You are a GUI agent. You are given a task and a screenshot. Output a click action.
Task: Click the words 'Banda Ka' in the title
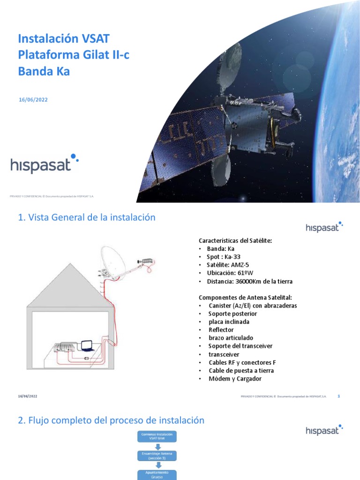44,72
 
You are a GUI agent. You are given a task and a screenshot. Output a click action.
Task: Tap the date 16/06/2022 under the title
33,99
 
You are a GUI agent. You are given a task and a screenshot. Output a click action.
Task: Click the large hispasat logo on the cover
45,164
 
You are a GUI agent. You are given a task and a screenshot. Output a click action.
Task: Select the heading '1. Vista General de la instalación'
86,217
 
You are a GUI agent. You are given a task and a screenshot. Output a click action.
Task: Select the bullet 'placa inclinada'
229,322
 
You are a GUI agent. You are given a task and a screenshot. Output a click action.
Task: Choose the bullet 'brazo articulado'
231,338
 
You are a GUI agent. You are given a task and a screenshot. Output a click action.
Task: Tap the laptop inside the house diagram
87,346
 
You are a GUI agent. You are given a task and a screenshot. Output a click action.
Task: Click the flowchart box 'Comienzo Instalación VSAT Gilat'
157,437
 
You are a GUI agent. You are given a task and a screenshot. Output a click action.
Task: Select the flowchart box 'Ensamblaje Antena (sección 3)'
157,456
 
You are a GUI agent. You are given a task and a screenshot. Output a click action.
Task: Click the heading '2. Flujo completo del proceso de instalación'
111,420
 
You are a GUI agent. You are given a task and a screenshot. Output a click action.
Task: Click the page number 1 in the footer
338,396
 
